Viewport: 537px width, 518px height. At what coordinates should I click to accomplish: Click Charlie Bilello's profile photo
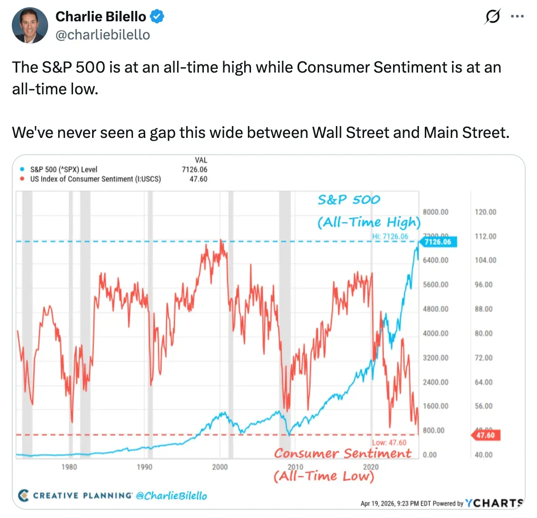[30, 25]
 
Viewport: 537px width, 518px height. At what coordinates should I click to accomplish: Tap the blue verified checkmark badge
[157, 17]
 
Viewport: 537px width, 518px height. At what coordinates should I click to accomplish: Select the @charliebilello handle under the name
[103, 35]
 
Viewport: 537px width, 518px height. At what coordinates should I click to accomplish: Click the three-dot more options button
[517, 17]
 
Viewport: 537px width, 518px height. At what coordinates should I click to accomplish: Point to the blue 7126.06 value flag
[438, 242]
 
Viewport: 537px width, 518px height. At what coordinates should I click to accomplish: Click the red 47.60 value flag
[485, 435]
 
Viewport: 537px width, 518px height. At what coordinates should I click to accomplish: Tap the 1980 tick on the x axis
[69, 467]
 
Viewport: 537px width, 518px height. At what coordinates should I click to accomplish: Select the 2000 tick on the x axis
[220, 467]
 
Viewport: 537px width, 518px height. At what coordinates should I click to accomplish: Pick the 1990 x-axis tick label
[144, 467]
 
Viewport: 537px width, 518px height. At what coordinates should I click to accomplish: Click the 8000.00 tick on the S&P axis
[435, 212]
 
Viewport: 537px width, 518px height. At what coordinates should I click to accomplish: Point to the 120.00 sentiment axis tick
[485, 212]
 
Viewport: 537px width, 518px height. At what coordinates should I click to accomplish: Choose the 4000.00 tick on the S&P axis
[435, 333]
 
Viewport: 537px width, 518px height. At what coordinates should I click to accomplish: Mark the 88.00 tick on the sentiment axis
[483, 309]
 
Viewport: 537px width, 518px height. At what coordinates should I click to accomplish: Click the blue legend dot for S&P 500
[22, 169]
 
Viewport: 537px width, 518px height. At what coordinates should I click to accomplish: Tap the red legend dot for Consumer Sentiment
[22, 179]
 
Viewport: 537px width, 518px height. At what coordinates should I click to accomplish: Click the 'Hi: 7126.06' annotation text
[390, 236]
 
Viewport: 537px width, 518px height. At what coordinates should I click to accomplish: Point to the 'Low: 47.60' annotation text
[389, 443]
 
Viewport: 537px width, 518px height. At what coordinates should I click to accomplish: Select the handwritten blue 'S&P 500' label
[349, 200]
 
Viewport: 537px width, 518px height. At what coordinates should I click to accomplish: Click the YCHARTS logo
[494, 503]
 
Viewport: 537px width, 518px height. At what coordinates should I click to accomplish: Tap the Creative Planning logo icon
[24, 495]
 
